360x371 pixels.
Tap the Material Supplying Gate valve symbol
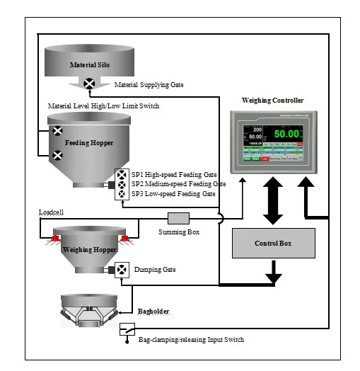[x=90, y=84]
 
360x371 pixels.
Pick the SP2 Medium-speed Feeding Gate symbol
[x=122, y=184]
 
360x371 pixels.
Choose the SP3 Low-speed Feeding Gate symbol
[x=122, y=193]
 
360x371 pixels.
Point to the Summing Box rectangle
[x=180, y=218]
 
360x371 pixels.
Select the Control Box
[x=272, y=244]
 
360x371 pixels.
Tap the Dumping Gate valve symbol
[x=122, y=270]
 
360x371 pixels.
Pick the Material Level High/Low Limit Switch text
[x=103, y=105]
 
